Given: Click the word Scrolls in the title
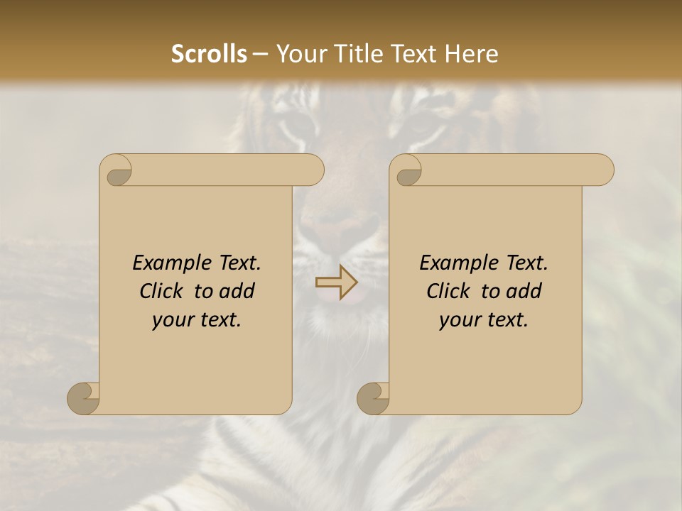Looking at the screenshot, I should point(209,54).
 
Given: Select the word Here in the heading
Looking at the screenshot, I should point(471,54).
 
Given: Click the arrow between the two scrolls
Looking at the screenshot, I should point(337,283).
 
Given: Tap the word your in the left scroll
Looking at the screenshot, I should point(173,320).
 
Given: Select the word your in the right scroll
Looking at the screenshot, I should point(460,320).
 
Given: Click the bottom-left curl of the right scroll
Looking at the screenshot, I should point(374,398).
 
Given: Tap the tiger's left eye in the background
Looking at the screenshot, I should point(293,128).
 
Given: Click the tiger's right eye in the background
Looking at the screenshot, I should point(419,128).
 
